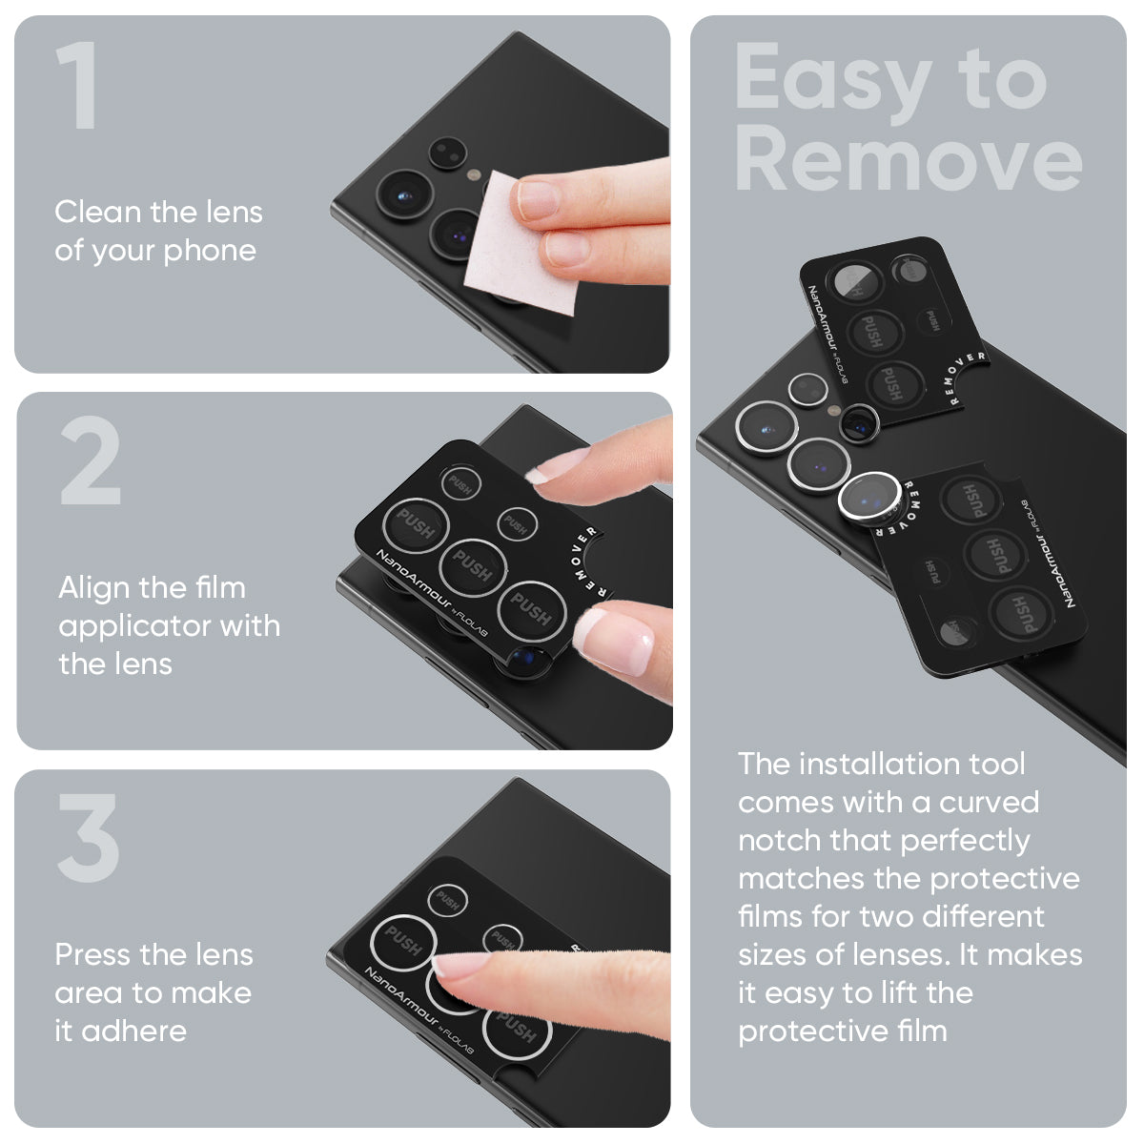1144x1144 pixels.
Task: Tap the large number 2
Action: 91,463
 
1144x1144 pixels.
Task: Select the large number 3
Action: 89,839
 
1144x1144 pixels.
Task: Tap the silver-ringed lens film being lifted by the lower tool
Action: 866,497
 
